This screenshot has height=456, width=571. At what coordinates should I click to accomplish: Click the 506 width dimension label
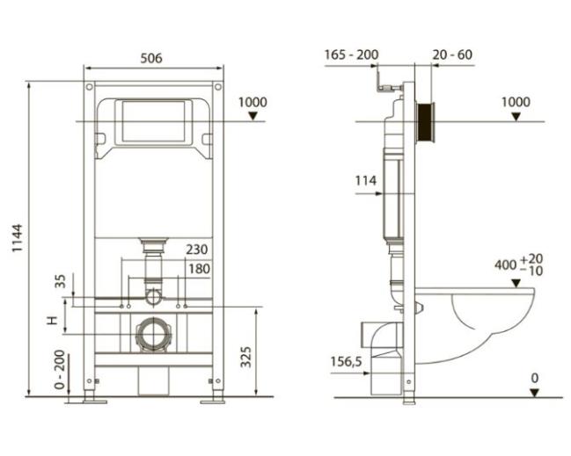151,58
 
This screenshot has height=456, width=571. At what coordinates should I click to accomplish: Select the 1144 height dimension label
17,238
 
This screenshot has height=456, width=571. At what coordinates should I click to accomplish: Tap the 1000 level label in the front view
253,102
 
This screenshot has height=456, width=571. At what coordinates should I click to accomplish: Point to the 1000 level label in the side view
516,102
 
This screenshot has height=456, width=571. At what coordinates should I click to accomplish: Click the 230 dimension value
197,250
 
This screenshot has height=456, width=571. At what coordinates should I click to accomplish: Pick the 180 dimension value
199,269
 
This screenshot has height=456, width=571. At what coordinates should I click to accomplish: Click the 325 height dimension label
246,357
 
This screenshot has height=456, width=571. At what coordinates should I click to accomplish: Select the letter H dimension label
53,321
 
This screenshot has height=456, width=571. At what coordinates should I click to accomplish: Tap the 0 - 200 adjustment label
60,369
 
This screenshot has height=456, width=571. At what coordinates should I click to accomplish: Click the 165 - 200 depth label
351,54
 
